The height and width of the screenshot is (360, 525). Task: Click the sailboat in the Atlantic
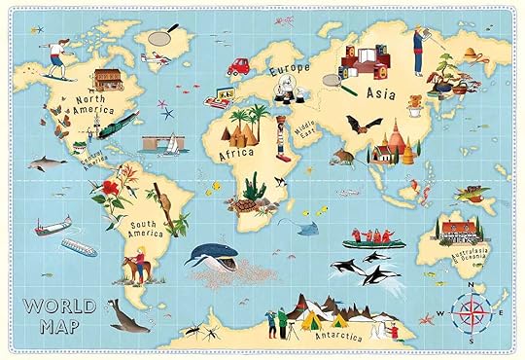click(x=171, y=143)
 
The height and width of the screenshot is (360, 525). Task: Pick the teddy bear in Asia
click(x=415, y=102)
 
